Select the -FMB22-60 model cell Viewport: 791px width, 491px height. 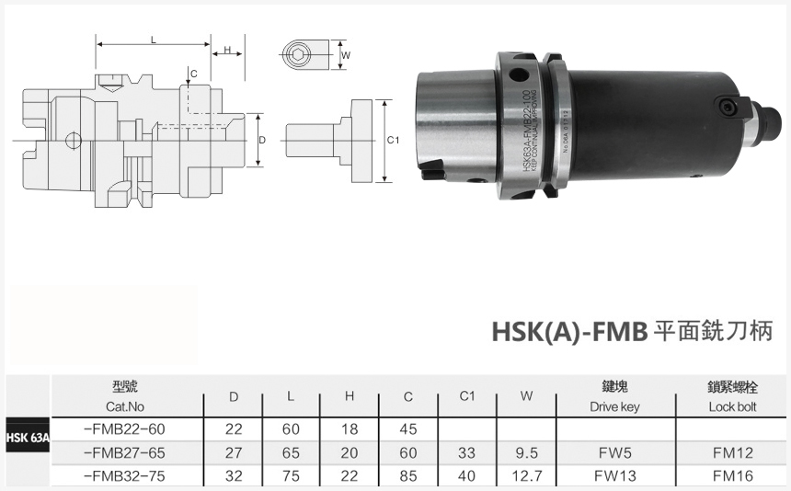click(x=124, y=428)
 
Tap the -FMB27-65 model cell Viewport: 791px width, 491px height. click(x=124, y=452)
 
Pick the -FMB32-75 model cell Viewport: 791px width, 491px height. click(x=124, y=476)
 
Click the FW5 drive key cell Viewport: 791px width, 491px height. click(x=614, y=452)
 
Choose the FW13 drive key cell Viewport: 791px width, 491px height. click(x=614, y=476)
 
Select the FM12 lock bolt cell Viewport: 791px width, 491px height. click(x=732, y=452)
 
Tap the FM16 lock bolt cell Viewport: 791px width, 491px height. click(x=732, y=476)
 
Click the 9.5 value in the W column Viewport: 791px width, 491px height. click(x=526, y=452)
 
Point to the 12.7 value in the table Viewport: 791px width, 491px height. click(x=526, y=476)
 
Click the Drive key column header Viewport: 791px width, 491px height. click(x=614, y=397)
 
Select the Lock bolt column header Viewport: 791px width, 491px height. click(x=732, y=397)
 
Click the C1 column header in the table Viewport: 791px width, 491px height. click(x=466, y=396)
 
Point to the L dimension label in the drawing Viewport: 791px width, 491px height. click(x=153, y=39)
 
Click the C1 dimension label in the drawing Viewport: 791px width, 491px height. click(x=392, y=140)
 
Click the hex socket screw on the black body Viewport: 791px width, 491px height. click(x=728, y=108)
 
